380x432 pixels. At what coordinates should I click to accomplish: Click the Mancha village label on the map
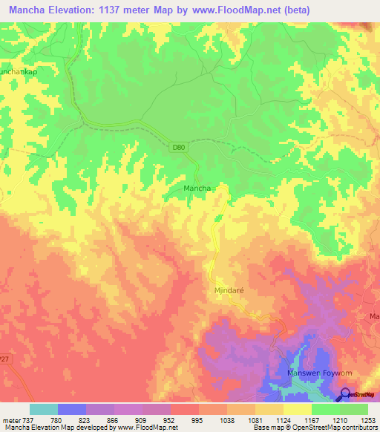click(198, 189)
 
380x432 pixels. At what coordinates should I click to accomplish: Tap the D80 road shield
click(178, 148)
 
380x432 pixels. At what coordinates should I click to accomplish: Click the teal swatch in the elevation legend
click(44, 409)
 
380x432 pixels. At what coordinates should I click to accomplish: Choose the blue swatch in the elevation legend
click(72, 409)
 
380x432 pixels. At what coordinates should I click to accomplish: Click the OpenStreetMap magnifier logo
click(345, 394)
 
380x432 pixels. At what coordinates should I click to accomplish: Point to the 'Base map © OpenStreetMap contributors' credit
click(314, 427)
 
